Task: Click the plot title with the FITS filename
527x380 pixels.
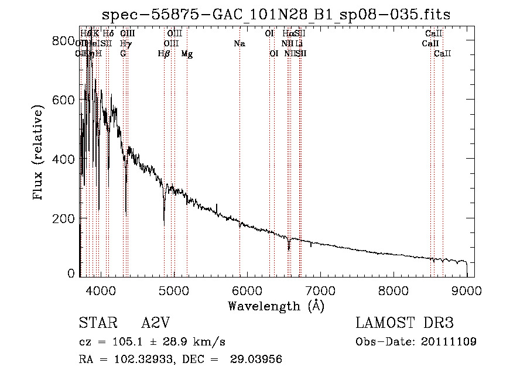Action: [x=276, y=15]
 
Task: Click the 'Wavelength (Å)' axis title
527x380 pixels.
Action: [x=276, y=306]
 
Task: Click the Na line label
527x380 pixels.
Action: [x=239, y=44]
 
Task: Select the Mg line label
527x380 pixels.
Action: [x=187, y=54]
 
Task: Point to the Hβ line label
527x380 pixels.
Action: [x=165, y=54]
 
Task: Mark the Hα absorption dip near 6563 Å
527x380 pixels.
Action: [x=289, y=247]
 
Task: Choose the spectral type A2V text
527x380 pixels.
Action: [x=156, y=323]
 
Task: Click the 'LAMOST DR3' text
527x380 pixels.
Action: [x=404, y=323]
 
